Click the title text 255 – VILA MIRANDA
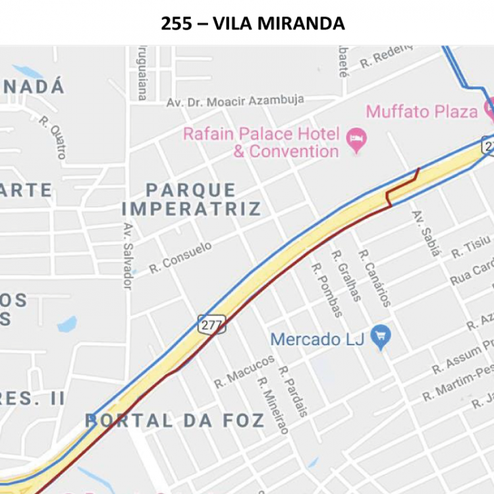click(253, 24)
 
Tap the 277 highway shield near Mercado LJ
click(211, 323)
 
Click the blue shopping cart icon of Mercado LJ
click(380, 338)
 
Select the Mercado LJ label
click(317, 339)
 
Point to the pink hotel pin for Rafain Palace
click(356, 140)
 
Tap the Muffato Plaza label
click(422, 111)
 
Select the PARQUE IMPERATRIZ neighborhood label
click(191, 200)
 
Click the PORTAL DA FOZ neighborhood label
click(175, 420)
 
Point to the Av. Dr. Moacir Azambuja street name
click(235, 101)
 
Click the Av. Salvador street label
click(127, 256)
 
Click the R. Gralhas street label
click(346, 275)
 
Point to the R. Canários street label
click(374, 278)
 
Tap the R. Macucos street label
click(244, 371)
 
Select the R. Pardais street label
click(293, 391)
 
